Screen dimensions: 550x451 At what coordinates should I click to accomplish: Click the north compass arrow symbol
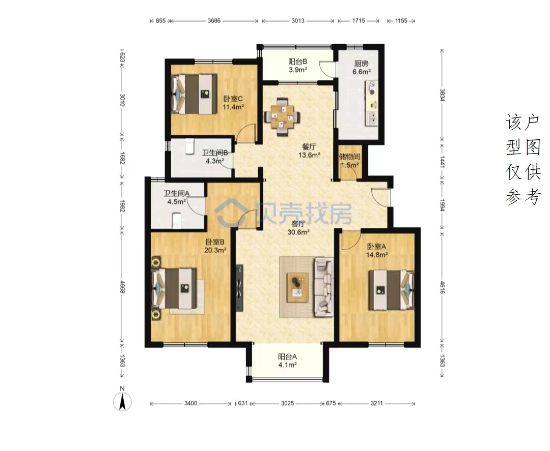coord(122,402)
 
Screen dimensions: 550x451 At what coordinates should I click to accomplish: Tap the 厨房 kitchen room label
coord(361,64)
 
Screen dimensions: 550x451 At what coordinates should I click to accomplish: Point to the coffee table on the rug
coord(297,287)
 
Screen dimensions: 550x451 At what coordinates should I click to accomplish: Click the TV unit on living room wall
coord(239,288)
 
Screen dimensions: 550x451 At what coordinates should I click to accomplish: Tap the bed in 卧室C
coord(194,94)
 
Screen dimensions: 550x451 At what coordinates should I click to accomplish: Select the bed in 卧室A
coord(392,290)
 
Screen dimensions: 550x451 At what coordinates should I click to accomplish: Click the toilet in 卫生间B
coord(190,146)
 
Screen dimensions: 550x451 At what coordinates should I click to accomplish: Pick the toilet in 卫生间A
coord(177,221)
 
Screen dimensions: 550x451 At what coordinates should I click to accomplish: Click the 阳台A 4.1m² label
coord(288,360)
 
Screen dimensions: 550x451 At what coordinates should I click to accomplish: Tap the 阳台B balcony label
coord(298,62)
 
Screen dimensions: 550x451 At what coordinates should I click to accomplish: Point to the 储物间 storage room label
coord(349,157)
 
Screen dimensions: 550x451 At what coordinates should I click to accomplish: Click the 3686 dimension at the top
coord(214,21)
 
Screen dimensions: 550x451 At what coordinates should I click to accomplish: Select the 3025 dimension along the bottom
coord(288,403)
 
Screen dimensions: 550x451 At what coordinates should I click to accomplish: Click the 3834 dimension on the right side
coord(442,94)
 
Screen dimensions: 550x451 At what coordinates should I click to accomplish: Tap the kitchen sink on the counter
coord(371,118)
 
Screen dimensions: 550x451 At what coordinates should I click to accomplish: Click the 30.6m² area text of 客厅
coord(298,232)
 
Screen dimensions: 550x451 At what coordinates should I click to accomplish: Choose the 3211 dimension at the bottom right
coord(377,403)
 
